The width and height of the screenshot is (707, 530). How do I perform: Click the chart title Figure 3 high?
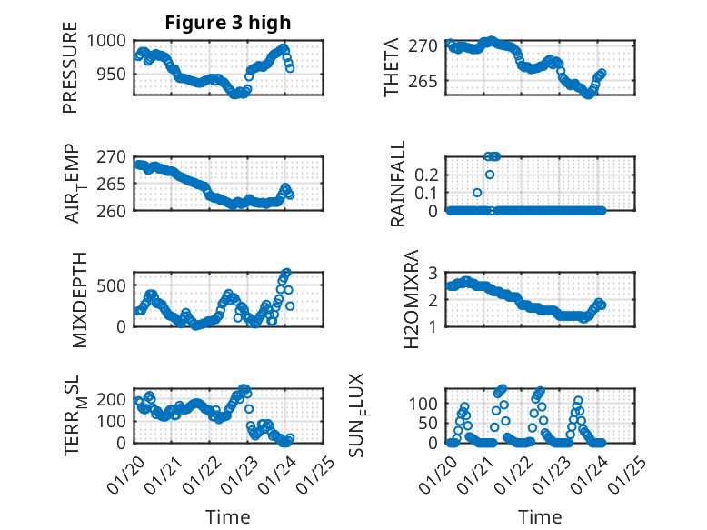tap(227, 22)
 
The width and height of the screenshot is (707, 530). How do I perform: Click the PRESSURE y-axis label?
tap(70, 68)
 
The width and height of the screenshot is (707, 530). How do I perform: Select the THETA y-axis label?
tap(392, 68)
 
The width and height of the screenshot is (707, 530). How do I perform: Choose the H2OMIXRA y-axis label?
tap(411, 298)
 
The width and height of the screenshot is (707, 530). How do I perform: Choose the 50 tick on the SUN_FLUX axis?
tap(431, 423)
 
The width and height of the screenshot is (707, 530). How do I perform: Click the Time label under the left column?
tap(227, 516)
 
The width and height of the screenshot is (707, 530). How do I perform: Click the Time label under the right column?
tap(540, 516)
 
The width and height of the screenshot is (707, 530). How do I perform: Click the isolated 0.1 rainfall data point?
tap(477, 193)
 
